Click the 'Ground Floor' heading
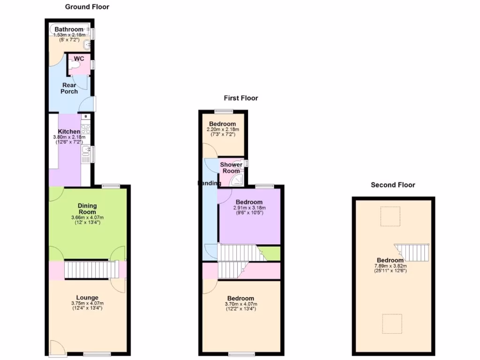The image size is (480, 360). [x=87, y=7]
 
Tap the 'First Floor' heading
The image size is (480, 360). [x=240, y=98]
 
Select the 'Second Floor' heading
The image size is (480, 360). [x=393, y=185]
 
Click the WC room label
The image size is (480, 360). [x=79, y=59]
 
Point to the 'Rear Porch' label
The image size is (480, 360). [x=69, y=88]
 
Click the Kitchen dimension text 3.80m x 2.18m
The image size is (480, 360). [x=69, y=137]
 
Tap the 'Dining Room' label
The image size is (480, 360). [x=87, y=209]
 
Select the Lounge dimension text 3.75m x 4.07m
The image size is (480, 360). [x=88, y=303]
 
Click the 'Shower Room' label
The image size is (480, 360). [x=231, y=168]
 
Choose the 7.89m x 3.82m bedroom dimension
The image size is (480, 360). [x=390, y=266]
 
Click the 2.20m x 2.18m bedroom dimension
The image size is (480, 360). [x=223, y=129]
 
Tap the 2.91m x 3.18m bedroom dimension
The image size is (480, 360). [x=249, y=208]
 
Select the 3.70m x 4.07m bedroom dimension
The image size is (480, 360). [x=241, y=304]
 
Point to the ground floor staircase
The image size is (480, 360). [x=90, y=270]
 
